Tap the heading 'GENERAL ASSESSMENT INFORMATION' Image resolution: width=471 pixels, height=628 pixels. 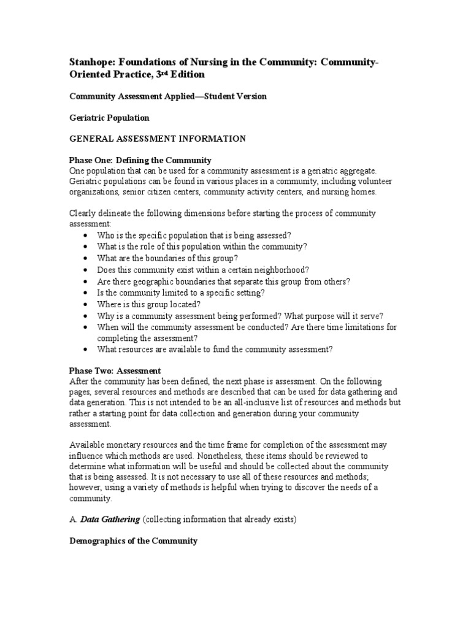click(158, 139)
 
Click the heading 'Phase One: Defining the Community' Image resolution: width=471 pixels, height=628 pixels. click(140, 159)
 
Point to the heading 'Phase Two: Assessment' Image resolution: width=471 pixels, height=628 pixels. click(115, 370)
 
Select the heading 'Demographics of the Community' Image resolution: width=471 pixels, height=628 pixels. click(133, 541)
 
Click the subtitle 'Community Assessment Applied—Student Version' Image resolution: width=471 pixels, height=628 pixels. click(168, 96)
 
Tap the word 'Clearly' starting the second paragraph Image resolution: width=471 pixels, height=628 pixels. click(83, 213)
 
